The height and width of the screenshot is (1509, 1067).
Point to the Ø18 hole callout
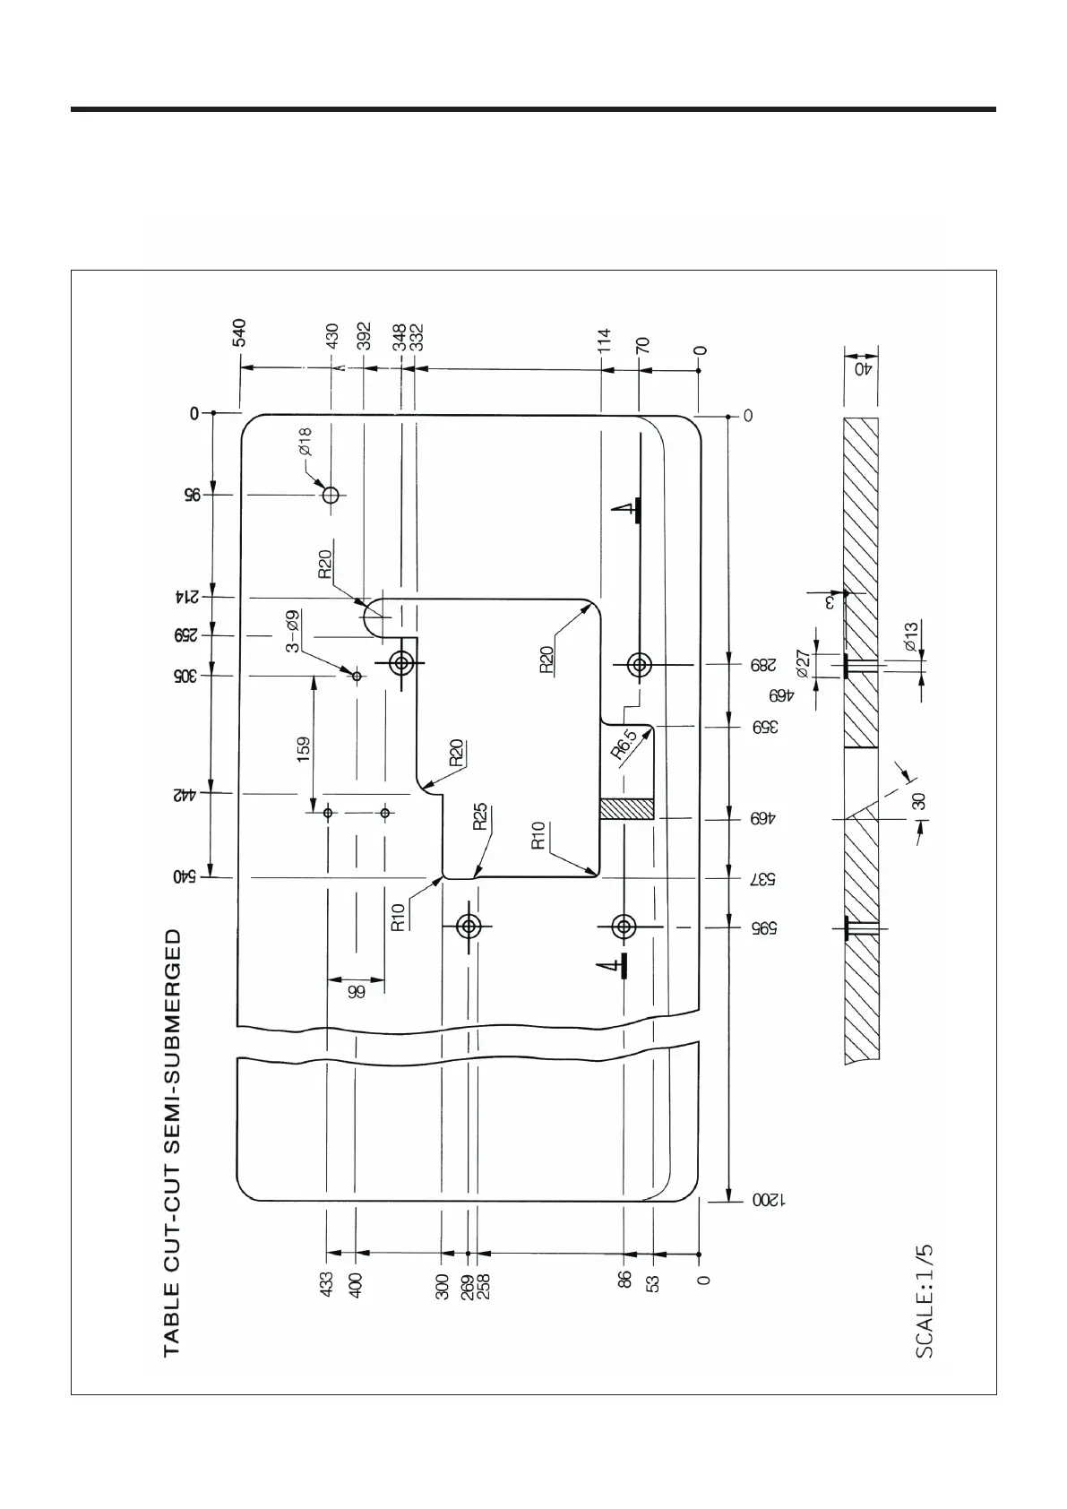(x=305, y=441)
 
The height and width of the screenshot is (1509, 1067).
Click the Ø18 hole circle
(x=331, y=494)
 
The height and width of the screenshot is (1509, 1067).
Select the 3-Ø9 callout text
(x=292, y=632)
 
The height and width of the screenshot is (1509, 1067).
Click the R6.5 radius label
(x=625, y=745)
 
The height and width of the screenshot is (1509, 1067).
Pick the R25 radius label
(x=480, y=816)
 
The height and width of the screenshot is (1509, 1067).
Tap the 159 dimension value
(x=304, y=747)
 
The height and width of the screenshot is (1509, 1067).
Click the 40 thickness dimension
(x=862, y=368)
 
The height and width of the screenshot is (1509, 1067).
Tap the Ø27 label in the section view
(x=803, y=663)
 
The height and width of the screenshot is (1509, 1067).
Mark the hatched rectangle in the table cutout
(x=626, y=809)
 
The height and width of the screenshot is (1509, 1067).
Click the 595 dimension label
(x=763, y=927)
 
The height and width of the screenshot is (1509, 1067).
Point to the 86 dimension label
(x=625, y=1279)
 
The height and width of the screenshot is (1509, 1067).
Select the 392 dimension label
(x=364, y=336)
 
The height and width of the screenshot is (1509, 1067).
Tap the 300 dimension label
(x=443, y=1285)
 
